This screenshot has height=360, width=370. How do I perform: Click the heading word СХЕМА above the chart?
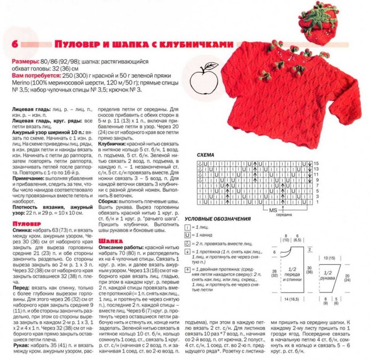click(205, 155)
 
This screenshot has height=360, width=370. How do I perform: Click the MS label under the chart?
click(273, 210)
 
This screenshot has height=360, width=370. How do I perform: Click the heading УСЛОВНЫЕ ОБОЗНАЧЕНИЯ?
click(217, 219)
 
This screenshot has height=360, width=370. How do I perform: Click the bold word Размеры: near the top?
click(24, 62)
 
